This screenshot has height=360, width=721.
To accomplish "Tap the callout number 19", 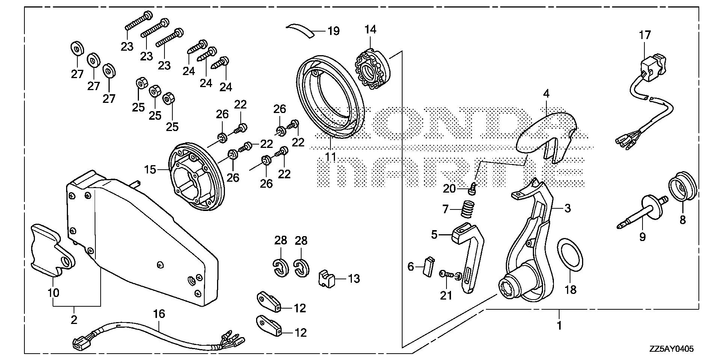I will click(x=333, y=31).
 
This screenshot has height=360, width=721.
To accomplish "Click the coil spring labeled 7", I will click(x=466, y=208).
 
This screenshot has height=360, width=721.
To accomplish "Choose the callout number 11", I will click(x=330, y=157).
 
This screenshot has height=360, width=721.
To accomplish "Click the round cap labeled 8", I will click(x=683, y=190).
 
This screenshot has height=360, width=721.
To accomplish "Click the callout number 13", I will click(x=354, y=279).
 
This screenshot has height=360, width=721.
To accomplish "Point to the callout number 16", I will click(x=159, y=314).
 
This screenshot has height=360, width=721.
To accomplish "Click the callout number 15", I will click(x=150, y=170).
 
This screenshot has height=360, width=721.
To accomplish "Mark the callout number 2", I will click(x=74, y=319).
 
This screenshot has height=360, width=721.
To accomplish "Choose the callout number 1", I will click(x=559, y=325).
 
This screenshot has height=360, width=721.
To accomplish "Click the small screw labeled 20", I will click(x=472, y=190).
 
